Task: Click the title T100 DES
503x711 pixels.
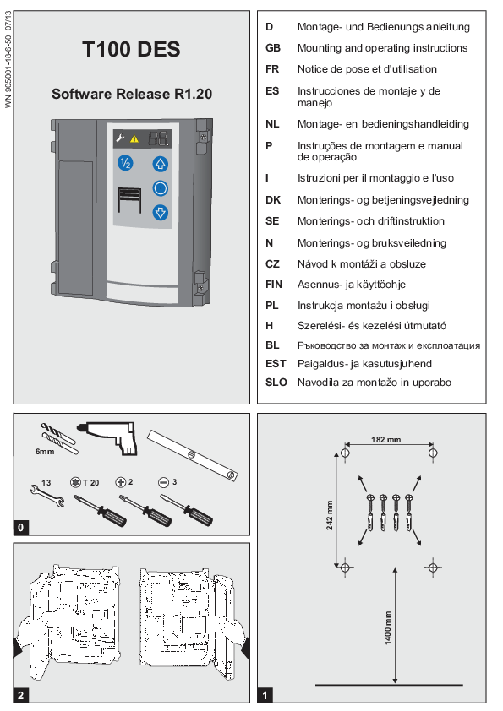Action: tap(131, 49)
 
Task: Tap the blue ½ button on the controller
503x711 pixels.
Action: tap(125, 162)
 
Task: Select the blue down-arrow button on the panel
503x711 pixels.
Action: tap(161, 212)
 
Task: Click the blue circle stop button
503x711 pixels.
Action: tap(161, 188)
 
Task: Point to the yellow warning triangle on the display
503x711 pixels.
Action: tap(134, 139)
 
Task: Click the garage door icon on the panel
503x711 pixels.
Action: tap(130, 200)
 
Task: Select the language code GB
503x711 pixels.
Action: tap(273, 48)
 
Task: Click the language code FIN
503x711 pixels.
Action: tap(274, 285)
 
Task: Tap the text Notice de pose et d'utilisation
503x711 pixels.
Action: tap(367, 69)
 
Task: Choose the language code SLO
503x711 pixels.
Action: tap(276, 383)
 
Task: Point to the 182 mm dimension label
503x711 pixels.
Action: tap(385, 439)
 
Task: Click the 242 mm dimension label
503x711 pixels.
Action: tap(330, 515)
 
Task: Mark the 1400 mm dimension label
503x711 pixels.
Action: tap(388, 627)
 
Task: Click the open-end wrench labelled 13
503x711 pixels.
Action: tap(47, 495)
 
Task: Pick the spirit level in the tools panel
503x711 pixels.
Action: tap(193, 455)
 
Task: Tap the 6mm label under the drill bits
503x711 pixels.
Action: tap(45, 452)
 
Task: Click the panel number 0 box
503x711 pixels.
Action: tap(20, 528)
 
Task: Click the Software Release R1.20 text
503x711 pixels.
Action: tap(132, 94)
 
